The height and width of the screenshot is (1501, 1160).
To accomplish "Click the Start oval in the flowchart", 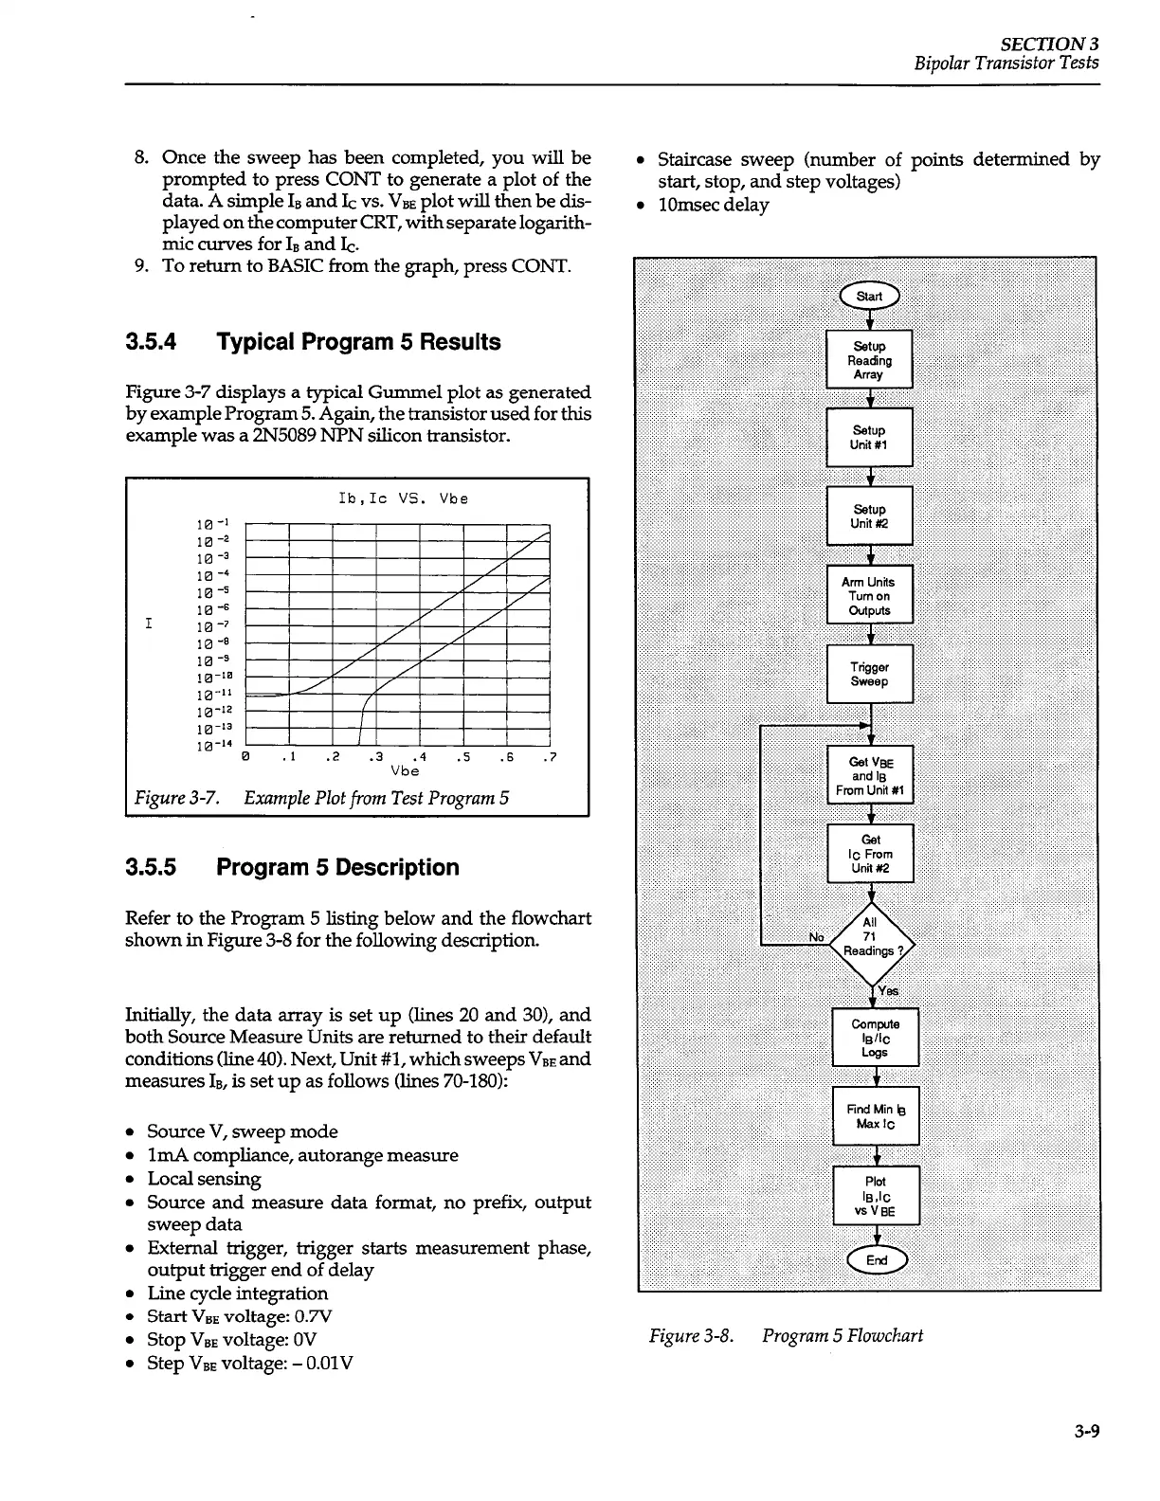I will click(x=869, y=297).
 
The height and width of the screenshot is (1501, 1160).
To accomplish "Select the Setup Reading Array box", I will click(x=869, y=360).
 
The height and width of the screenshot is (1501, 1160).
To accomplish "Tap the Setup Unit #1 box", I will click(x=869, y=437).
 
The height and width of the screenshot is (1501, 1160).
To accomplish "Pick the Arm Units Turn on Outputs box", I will click(x=869, y=596).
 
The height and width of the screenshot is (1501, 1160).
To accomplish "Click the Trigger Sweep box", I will click(x=869, y=674).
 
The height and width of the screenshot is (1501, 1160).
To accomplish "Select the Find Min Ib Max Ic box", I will click(x=876, y=1116).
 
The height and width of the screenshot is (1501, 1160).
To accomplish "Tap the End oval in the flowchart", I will click(x=876, y=1259).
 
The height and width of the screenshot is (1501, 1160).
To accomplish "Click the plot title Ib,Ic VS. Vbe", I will click(x=403, y=498).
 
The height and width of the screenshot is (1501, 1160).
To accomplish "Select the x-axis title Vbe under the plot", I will click(x=405, y=771).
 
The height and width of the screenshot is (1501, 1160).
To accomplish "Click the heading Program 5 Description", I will click(x=337, y=867).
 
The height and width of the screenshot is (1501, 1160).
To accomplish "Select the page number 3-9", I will click(x=1086, y=1432).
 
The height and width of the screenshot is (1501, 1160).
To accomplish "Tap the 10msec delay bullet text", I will click(x=714, y=205).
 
